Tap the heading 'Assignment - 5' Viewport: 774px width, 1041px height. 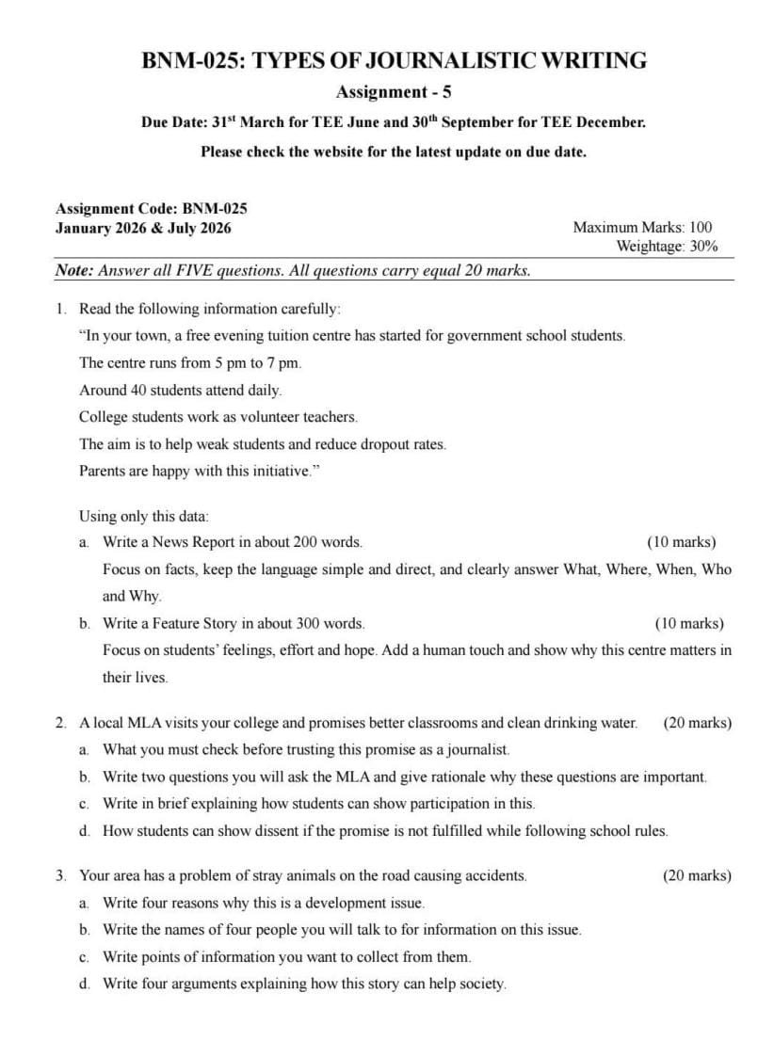(x=394, y=92)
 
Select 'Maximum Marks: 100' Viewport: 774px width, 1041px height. (x=642, y=227)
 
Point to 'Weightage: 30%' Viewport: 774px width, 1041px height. (x=666, y=247)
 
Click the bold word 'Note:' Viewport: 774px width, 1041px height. (x=74, y=271)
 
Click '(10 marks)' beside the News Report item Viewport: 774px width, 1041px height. (x=681, y=542)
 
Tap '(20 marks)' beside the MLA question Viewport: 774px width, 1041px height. (x=697, y=723)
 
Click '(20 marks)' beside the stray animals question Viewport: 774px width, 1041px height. (x=697, y=875)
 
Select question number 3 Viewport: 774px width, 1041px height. (x=60, y=875)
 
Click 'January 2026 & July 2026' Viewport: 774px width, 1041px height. (x=143, y=228)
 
